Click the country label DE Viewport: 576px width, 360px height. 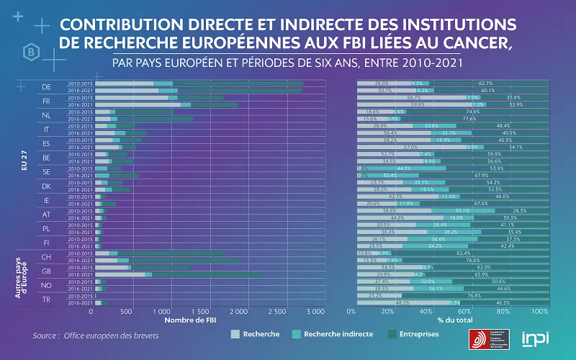tap(45, 87)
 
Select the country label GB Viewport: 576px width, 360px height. tap(45, 271)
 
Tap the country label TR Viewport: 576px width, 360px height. tap(45, 300)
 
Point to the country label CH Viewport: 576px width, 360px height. tap(45, 256)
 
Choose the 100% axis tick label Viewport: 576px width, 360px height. tap(539, 312)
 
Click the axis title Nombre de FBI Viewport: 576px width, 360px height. tap(192, 320)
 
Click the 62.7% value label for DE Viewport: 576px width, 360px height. tap(485, 84)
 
